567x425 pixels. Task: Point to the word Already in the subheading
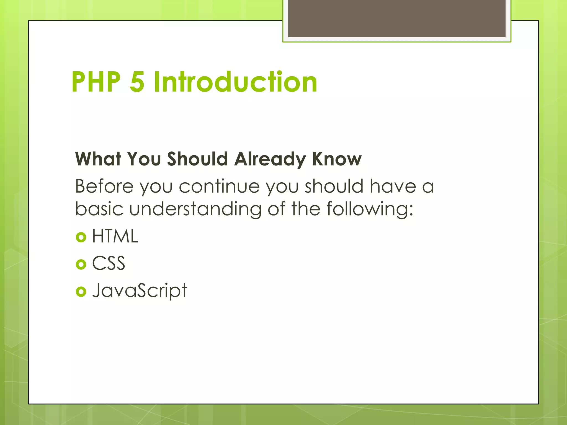(270, 159)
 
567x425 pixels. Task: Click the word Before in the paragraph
(104, 186)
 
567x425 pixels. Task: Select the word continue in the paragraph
(219, 186)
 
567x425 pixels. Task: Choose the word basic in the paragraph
(99, 209)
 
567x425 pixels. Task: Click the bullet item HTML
(115, 236)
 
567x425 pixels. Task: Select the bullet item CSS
(109, 263)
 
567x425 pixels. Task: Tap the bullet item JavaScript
(140, 291)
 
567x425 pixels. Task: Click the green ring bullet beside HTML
(81, 237)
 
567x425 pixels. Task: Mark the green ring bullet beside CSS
(81, 264)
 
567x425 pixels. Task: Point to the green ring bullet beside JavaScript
(81, 292)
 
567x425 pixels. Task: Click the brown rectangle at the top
(396, 18)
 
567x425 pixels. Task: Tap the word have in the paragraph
(393, 186)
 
